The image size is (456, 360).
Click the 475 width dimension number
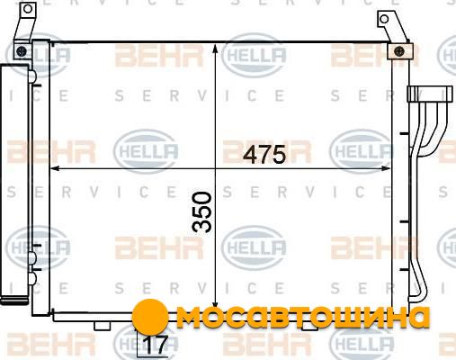point(264,155)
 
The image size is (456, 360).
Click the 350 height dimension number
point(201,212)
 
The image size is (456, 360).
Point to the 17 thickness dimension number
point(156,345)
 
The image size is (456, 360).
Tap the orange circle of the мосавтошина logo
point(150,317)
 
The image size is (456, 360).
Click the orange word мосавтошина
point(303,317)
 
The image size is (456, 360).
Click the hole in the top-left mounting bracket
point(28,9)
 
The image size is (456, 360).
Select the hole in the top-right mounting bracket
point(384,19)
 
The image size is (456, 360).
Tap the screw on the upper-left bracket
point(22,51)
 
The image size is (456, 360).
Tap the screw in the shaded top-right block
point(399,51)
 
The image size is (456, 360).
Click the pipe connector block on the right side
point(430,94)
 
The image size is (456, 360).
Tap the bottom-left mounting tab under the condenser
point(102,326)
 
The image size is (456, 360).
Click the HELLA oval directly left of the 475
point(146,151)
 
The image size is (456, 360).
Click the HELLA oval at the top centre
point(254,55)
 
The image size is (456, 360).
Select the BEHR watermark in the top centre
point(159,56)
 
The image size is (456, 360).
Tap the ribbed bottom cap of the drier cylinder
point(14,301)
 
